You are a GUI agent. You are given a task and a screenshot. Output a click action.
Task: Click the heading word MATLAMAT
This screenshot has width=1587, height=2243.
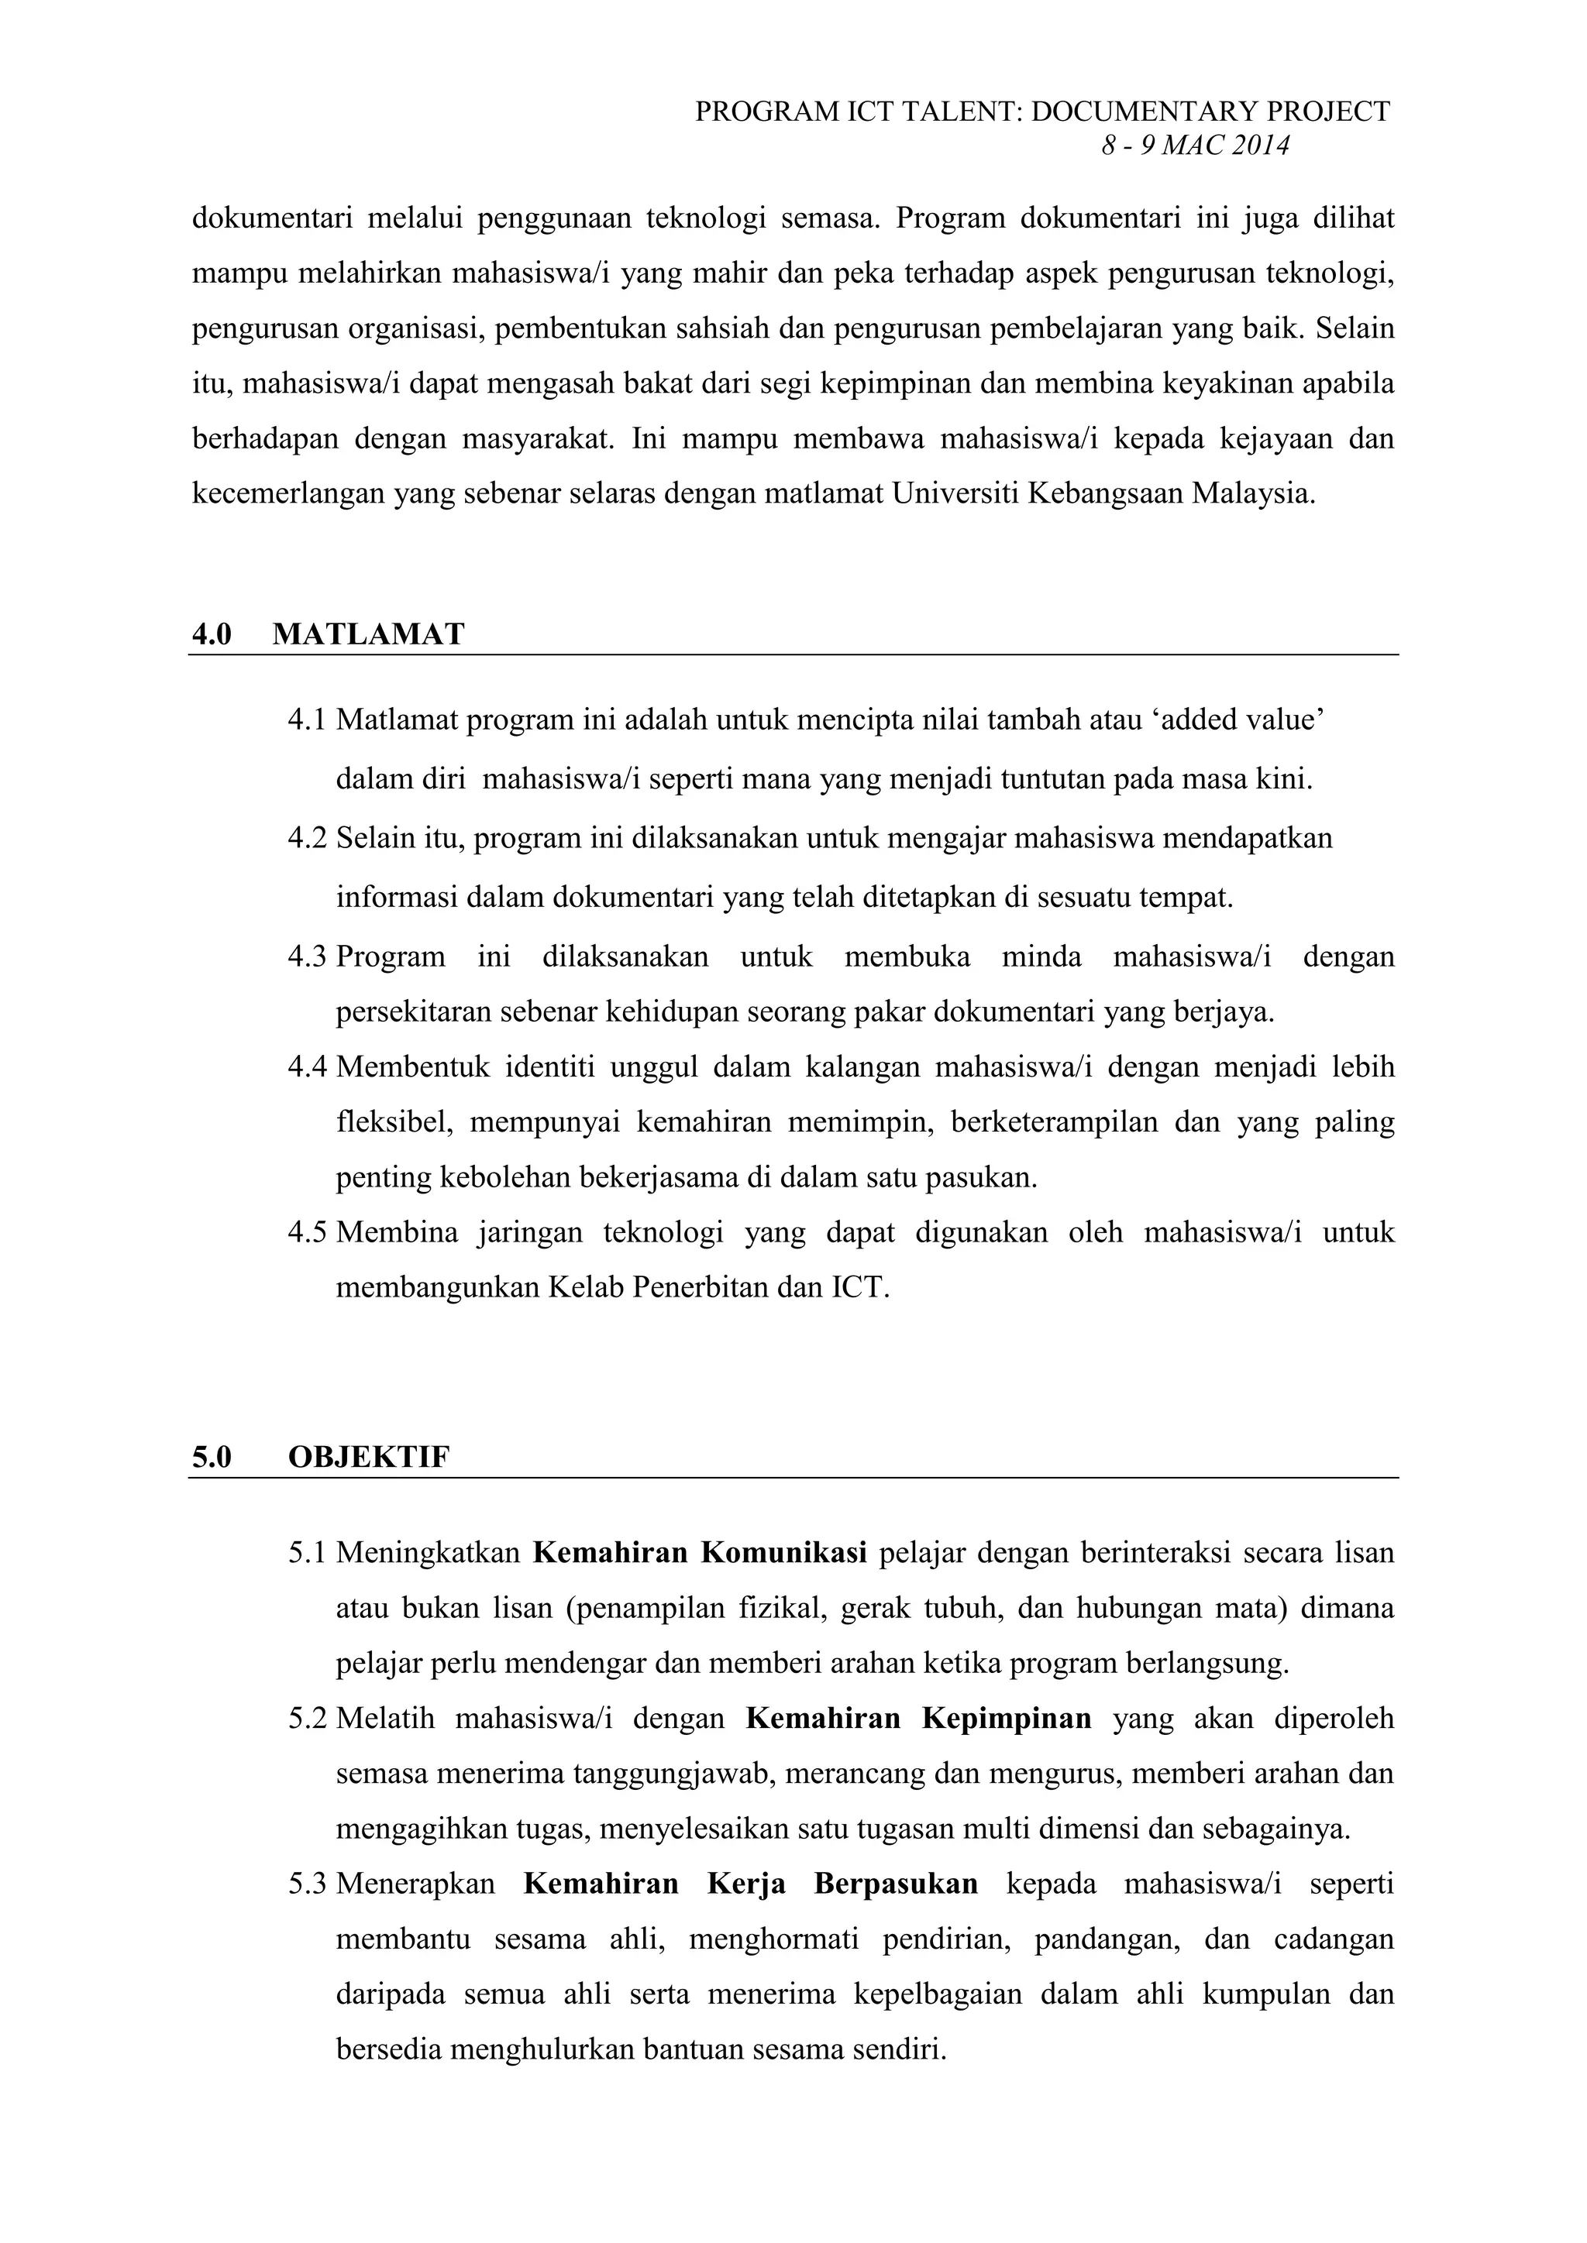point(367,634)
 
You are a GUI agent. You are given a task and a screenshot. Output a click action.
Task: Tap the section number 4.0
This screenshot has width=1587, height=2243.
point(211,634)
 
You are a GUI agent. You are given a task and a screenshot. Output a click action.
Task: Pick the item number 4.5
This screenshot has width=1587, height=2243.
point(307,1232)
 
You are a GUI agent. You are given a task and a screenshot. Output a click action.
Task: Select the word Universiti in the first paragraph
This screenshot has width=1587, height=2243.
point(954,493)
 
